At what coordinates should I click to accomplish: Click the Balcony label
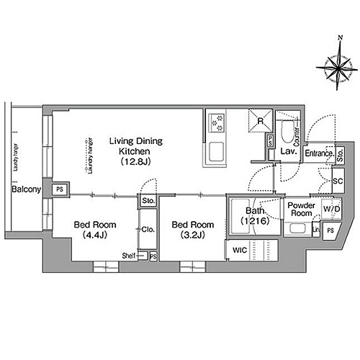(x=26, y=189)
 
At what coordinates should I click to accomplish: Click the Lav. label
(x=289, y=153)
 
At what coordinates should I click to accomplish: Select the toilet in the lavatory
(x=288, y=132)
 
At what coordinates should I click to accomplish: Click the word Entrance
(x=318, y=153)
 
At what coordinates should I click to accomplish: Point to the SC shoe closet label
(x=336, y=182)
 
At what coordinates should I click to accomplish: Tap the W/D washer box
(x=331, y=210)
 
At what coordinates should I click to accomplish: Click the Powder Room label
(x=300, y=210)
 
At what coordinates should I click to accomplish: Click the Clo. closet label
(x=149, y=230)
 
